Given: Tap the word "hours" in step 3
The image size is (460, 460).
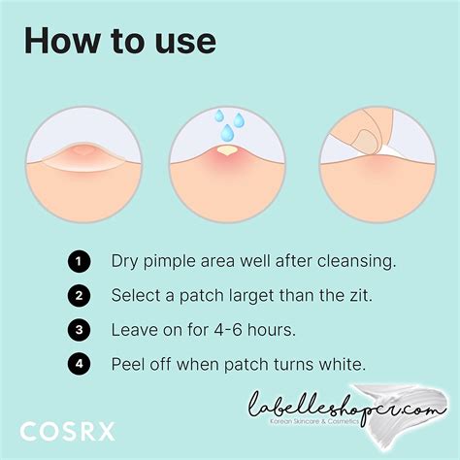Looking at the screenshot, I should click(268, 330).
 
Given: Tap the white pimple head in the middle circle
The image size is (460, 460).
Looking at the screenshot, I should click(226, 151).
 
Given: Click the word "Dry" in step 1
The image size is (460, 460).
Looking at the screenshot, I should click(124, 261).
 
